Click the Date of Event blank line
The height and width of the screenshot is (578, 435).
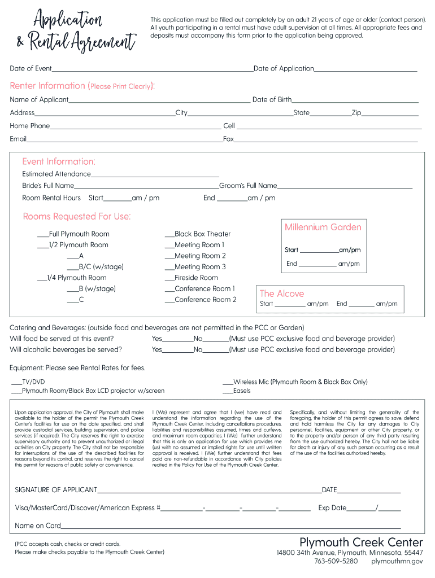153,69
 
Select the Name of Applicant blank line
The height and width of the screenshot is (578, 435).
159,100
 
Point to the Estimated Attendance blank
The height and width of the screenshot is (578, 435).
155,175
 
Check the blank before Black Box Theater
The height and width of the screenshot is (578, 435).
169,235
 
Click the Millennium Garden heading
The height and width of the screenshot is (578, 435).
323,227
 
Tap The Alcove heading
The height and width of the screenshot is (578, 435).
281,294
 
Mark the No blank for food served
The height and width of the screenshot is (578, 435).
216,340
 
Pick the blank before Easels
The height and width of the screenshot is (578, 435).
228,392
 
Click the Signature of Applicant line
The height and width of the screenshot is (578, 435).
209,491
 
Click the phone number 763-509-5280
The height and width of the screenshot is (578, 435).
336,562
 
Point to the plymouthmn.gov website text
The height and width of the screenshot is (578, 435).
397,562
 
